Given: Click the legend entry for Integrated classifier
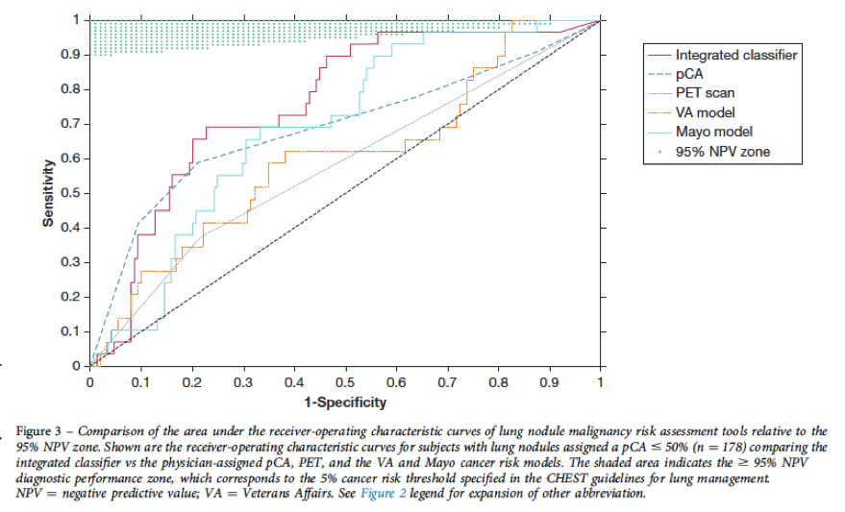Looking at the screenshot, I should pyautogui.click(x=735, y=56).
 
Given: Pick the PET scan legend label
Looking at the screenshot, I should pyautogui.click(x=705, y=93).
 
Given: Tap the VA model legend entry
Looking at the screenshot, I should pyautogui.click(x=707, y=112).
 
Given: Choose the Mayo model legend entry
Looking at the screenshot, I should pyautogui.click(x=713, y=132).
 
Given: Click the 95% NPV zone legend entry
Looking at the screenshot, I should pyautogui.click(x=722, y=151).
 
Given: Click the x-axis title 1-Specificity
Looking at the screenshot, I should pyautogui.click(x=345, y=402).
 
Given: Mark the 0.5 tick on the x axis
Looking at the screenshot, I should pyautogui.click(x=345, y=381).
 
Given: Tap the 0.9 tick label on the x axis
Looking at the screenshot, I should pyautogui.click(x=549, y=381).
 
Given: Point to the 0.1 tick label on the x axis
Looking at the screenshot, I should pyautogui.click(x=141, y=381).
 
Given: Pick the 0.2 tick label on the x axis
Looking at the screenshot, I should pyautogui.click(x=192, y=381).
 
